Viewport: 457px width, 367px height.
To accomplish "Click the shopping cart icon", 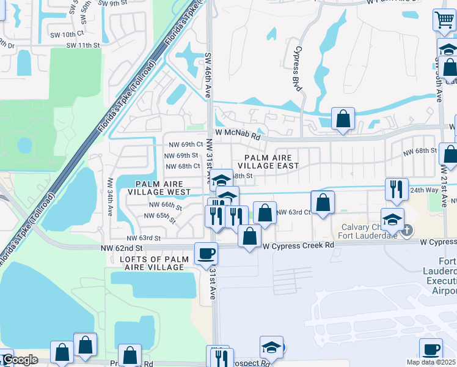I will click(444, 20).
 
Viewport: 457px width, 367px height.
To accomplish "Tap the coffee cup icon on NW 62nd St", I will click(206, 253).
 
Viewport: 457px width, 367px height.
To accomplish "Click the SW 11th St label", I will click(82, 45).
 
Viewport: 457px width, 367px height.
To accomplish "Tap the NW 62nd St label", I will click(122, 248).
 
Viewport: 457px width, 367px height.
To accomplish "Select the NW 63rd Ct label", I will click(294, 212).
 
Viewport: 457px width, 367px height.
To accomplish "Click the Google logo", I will click(20, 360).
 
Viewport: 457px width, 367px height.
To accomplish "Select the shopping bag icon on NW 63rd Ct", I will click(323, 203).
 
